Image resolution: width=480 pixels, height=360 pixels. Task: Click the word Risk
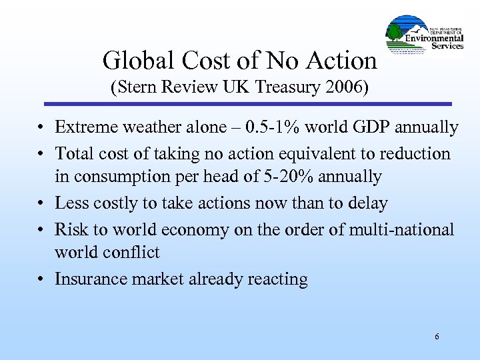(71, 229)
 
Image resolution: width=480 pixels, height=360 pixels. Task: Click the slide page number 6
(437, 337)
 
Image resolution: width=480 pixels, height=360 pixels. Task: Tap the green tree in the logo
(395, 31)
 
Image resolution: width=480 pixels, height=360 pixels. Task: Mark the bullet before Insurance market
(42, 279)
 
